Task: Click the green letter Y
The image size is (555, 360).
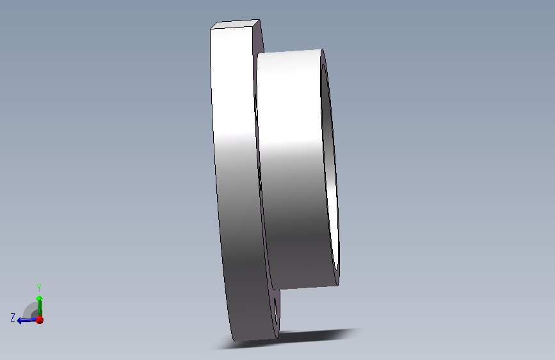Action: [39, 288]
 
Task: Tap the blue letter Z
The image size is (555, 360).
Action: [13, 318]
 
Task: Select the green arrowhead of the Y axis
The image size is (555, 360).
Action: [40, 299]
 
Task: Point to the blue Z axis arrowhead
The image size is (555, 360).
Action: [20, 321]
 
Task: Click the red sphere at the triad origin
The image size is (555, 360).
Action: [40, 320]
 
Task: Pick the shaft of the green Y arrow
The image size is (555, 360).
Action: [40, 309]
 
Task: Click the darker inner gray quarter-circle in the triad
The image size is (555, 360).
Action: [35, 314]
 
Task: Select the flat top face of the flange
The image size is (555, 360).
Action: [235, 24]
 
